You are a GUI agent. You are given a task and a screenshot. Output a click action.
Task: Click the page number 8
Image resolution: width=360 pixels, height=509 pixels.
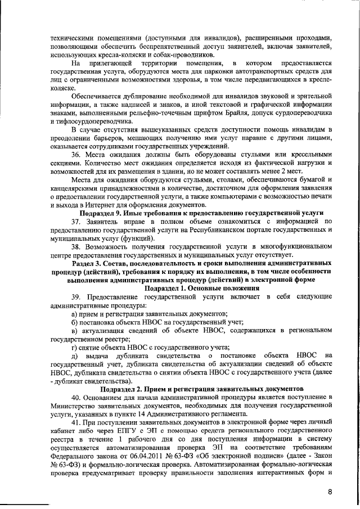click(331, 492)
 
